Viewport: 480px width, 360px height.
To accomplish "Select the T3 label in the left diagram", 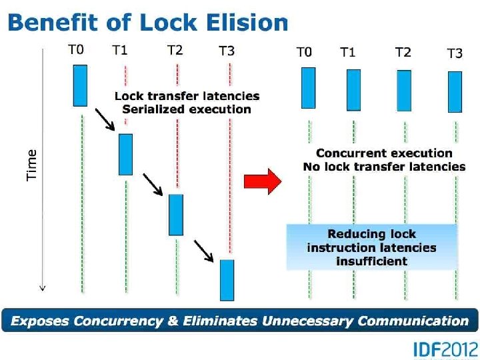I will pyautogui.click(x=227, y=51).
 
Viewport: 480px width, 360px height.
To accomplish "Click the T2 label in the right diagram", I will pyautogui.click(x=403, y=52).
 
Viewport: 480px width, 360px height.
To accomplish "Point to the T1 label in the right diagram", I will pyautogui.click(x=347, y=52).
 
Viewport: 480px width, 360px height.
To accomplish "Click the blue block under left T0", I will pyautogui.click(x=80, y=85).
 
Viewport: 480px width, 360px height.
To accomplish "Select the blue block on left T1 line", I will pyautogui.click(x=125, y=154).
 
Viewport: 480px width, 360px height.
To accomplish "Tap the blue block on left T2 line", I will pyautogui.click(x=175, y=214).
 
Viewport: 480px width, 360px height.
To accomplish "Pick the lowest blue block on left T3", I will pyautogui.click(x=227, y=279).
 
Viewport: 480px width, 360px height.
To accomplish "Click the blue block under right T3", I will pyautogui.click(x=455, y=92).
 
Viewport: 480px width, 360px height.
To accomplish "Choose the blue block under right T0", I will pyautogui.click(x=308, y=88).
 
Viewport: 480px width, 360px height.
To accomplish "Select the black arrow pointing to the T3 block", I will pyautogui.click(x=204, y=250).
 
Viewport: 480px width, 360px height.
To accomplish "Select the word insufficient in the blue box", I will pyautogui.click(x=371, y=261).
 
